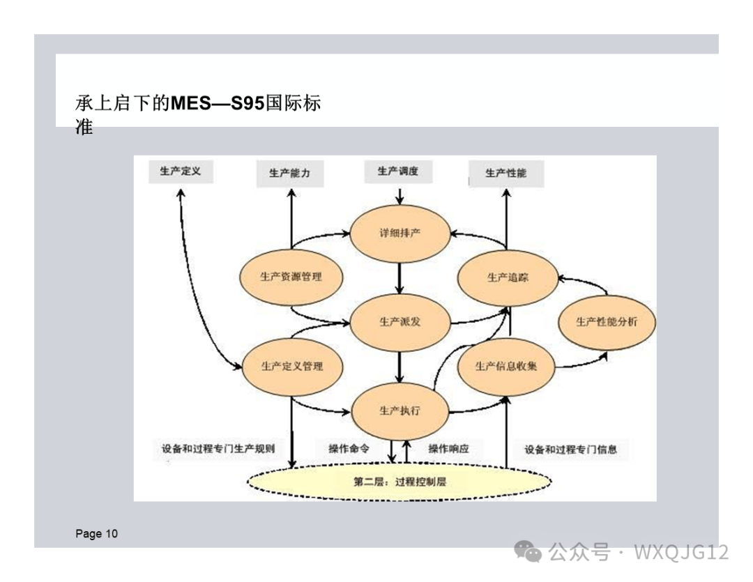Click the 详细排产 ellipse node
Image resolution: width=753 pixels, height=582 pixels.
coord(400,233)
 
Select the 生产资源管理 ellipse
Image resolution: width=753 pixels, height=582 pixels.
coord(291,277)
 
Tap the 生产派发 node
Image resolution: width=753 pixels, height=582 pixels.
coord(400,321)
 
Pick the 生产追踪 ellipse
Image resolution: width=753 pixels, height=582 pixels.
coord(508,277)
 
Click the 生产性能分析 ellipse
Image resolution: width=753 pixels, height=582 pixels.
coord(606,321)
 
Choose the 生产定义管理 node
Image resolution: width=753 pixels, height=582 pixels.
coord(291,366)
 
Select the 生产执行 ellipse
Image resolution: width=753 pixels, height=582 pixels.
coord(400,411)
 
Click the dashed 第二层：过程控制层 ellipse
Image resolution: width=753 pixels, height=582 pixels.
coord(400,481)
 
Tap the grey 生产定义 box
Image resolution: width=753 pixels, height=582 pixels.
coord(180,171)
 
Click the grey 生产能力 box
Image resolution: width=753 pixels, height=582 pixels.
coord(289,173)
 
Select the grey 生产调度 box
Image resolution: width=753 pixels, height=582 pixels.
coord(397,171)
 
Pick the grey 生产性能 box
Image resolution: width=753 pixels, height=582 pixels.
coord(505,173)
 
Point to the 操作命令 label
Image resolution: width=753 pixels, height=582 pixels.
coord(349,448)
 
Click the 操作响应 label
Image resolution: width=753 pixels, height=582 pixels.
coord(448,448)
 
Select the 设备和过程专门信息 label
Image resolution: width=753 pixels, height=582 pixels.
coord(570,450)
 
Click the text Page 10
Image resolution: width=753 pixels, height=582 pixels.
coord(96,535)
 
